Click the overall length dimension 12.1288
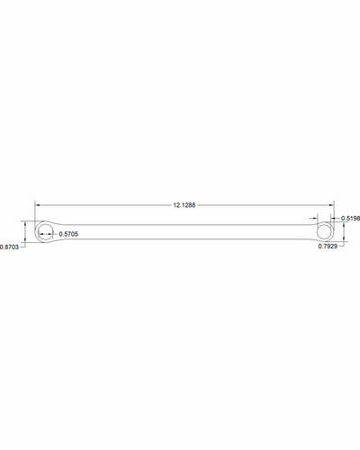(184, 206)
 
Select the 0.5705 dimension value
(68, 234)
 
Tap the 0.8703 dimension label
(11, 247)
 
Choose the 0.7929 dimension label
(328, 247)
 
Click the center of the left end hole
(44, 232)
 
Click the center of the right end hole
(325, 230)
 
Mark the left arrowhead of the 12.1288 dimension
(37, 206)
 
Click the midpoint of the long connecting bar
(184, 231)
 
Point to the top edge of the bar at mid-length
(184, 225)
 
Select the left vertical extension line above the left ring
(35, 211)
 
